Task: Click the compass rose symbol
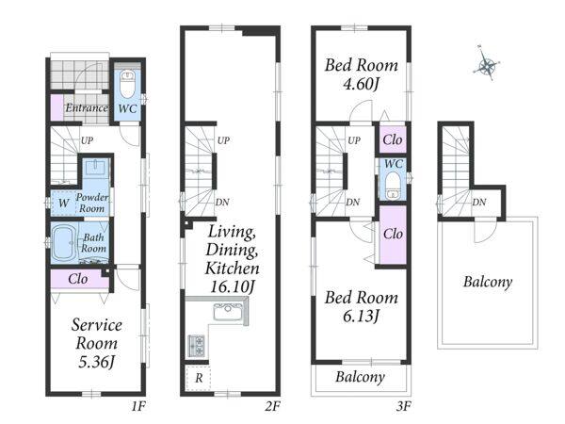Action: pos(487,66)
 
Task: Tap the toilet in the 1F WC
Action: pos(127,84)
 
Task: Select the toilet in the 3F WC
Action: pos(392,185)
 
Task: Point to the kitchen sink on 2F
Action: pos(228,312)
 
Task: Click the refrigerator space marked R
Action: pos(199,378)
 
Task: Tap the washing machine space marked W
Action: pos(64,203)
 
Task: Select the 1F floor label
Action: pos(138,407)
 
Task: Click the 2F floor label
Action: pos(272,407)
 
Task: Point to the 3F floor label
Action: pos(404,407)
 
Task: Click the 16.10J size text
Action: pos(233,287)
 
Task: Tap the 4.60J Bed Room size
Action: pos(362,85)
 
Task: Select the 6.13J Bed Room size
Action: pos(362,317)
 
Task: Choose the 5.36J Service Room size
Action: pos(97,362)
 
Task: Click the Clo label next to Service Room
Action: pos(78,279)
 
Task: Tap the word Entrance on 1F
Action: pos(87,107)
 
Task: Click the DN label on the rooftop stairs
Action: pos(479,203)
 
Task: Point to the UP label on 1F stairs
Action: pos(87,140)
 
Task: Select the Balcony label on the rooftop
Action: pos(488,282)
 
